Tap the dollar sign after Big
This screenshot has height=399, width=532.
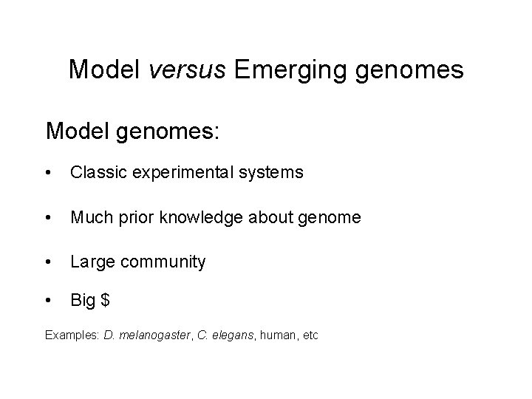tap(106, 301)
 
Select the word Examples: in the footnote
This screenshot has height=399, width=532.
tap(72, 335)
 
